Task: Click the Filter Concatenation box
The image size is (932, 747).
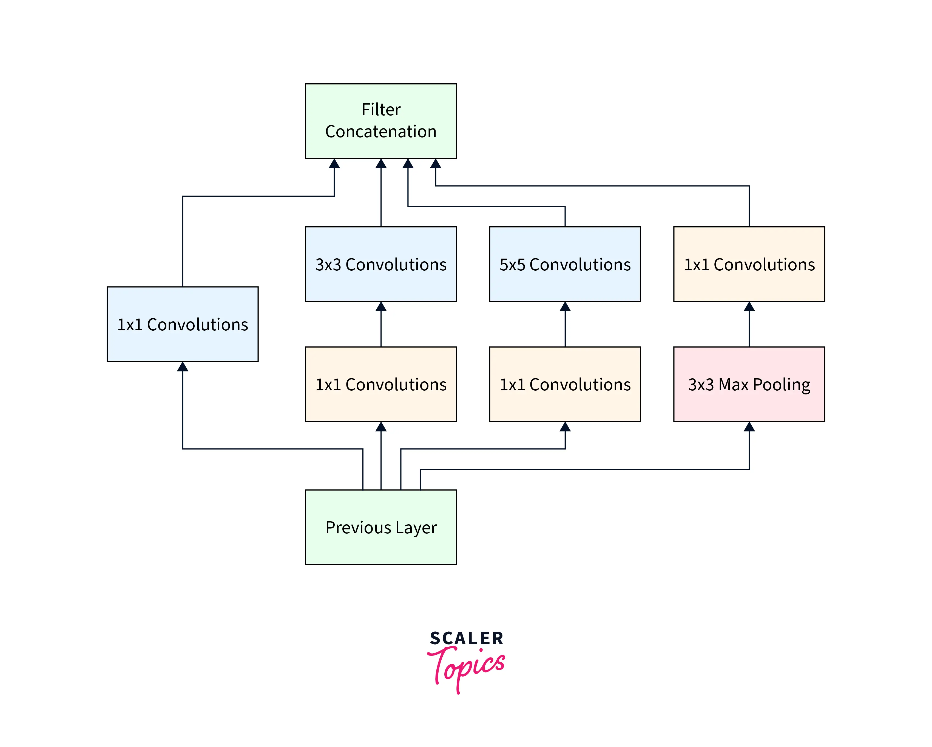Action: point(381,121)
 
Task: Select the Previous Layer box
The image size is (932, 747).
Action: point(381,527)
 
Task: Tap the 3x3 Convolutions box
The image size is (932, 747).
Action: point(381,264)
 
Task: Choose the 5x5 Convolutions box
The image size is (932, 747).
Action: point(565,264)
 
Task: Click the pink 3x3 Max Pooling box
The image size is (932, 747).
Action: point(749,384)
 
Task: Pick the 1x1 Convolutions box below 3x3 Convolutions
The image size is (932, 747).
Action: point(381,384)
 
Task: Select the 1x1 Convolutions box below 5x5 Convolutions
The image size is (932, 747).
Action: point(565,384)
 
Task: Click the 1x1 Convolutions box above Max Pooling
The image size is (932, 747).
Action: point(749,264)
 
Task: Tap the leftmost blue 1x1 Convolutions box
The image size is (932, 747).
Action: point(182,324)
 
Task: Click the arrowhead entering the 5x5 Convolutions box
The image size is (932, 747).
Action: point(565,307)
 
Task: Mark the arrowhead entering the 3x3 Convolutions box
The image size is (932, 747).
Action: point(381,307)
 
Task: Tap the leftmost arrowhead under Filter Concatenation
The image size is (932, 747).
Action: point(334,164)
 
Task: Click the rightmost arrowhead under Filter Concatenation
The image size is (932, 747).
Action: point(436,164)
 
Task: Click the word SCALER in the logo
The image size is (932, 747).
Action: point(467,639)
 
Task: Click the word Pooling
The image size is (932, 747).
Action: point(782,385)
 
